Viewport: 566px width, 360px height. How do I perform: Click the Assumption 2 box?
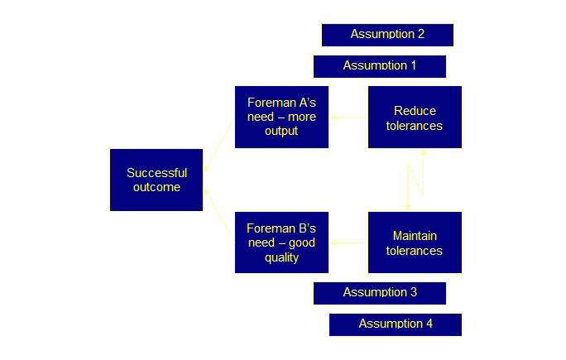coord(387,35)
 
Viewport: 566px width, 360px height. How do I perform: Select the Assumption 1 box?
coord(380,66)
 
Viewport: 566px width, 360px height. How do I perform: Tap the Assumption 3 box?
coord(380,293)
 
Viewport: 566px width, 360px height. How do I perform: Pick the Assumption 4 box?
coord(395,324)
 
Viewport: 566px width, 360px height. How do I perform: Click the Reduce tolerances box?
coord(415,118)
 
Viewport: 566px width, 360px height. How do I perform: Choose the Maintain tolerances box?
coord(415,242)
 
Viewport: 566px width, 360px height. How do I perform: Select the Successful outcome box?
coord(156,180)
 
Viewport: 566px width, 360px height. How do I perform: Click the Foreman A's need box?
coord(281,117)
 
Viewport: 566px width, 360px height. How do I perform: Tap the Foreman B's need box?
coord(281,242)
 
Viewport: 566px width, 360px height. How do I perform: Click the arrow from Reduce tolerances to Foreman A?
coord(348,118)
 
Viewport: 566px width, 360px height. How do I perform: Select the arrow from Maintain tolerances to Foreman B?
coord(348,243)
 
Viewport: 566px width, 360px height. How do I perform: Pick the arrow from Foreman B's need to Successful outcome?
coord(218,215)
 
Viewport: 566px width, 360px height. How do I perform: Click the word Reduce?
coord(415,111)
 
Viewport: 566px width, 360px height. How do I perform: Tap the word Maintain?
coord(415,237)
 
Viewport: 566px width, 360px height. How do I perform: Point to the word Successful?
coord(156,173)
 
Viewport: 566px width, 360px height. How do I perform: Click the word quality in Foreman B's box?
coord(281,257)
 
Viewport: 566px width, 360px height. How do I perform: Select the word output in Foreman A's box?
coord(281,131)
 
